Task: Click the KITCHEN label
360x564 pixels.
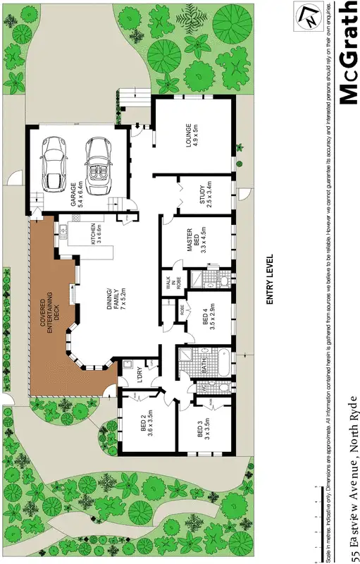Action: pos(95,239)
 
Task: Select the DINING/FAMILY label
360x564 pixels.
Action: pos(116,294)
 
